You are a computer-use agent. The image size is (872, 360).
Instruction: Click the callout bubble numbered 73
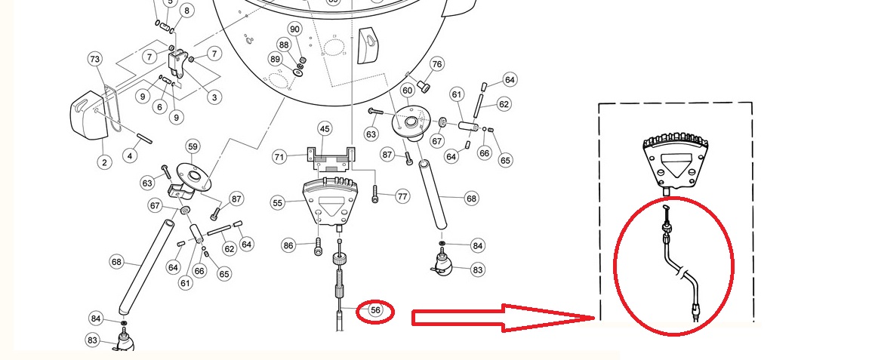95,60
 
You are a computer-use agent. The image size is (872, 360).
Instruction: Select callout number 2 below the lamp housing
104,162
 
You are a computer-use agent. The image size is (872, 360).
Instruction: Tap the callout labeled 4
130,156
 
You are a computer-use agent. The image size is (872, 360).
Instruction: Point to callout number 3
214,97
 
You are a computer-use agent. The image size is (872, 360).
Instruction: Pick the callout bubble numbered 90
294,29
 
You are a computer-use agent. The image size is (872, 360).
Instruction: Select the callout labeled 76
437,64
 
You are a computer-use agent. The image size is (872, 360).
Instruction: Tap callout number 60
408,91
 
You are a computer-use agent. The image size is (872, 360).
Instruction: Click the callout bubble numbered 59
193,147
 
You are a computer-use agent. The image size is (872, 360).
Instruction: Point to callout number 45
325,129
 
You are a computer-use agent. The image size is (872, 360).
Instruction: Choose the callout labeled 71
280,157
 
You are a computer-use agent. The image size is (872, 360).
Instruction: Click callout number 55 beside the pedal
278,203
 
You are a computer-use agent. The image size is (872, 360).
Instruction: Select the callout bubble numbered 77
402,196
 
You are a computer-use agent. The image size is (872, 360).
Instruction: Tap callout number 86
288,245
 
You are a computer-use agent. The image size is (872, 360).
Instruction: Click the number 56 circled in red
376,310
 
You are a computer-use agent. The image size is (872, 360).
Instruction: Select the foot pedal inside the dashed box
675,162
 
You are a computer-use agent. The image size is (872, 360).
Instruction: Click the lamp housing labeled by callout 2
89,115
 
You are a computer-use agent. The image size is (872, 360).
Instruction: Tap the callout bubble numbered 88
284,45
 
